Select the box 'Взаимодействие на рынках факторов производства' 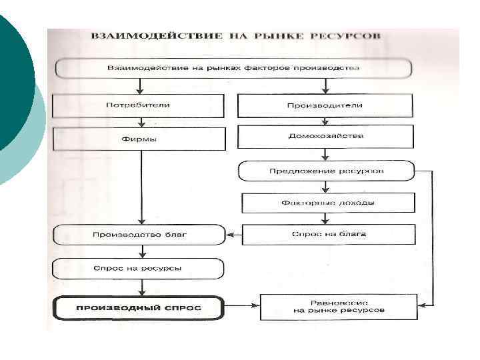tap(233, 68)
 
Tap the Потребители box tap(138, 105)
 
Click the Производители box tap(325, 105)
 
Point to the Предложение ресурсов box tap(326, 171)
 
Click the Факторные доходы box tap(326, 203)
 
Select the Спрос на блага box tap(329, 234)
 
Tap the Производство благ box tap(139, 235)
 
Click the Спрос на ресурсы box tap(139, 268)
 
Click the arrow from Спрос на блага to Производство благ tap(234, 235)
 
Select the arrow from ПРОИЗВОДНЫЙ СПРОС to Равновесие tap(241, 307)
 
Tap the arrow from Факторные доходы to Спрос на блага tap(325, 218)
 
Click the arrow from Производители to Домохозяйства tap(325, 121)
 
